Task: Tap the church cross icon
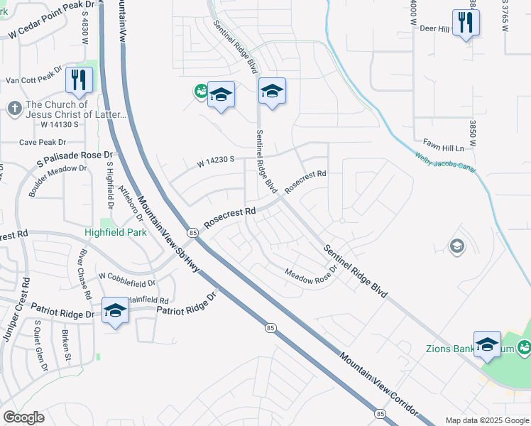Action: click(x=14, y=109)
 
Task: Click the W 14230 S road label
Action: click(x=217, y=162)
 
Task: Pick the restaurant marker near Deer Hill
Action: click(x=465, y=22)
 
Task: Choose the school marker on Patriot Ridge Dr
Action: click(x=115, y=310)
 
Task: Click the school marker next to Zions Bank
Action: click(x=487, y=344)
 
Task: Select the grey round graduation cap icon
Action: click(x=457, y=246)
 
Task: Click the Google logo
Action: click(x=24, y=417)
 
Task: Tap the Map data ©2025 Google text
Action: click(x=486, y=420)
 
